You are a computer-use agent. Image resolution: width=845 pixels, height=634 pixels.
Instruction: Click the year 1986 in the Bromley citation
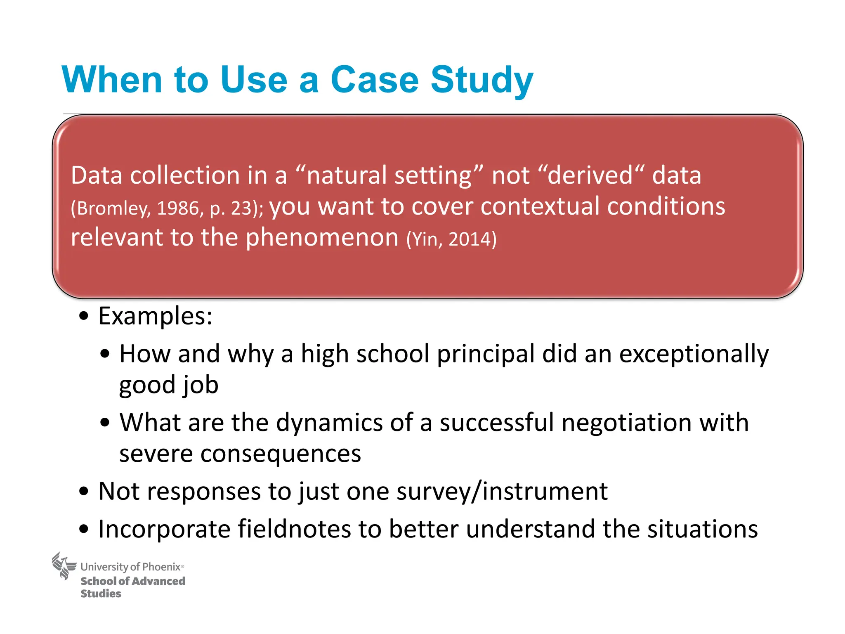(x=178, y=208)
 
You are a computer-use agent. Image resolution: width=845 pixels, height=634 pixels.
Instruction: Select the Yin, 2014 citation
(x=451, y=239)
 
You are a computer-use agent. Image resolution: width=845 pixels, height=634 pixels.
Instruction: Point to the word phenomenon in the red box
(x=322, y=238)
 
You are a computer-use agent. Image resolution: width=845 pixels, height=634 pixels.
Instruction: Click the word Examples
(x=155, y=316)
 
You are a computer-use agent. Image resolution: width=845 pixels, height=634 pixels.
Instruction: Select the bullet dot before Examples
(x=84, y=317)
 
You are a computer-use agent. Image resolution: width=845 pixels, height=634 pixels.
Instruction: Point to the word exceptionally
(x=694, y=354)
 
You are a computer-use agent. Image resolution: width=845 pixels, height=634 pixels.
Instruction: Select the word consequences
(x=281, y=454)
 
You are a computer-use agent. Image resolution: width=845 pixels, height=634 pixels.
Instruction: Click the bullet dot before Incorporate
(x=84, y=529)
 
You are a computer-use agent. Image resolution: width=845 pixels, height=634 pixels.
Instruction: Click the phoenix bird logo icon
(x=64, y=566)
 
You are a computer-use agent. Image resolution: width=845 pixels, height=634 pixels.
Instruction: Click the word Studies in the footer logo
(x=101, y=594)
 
